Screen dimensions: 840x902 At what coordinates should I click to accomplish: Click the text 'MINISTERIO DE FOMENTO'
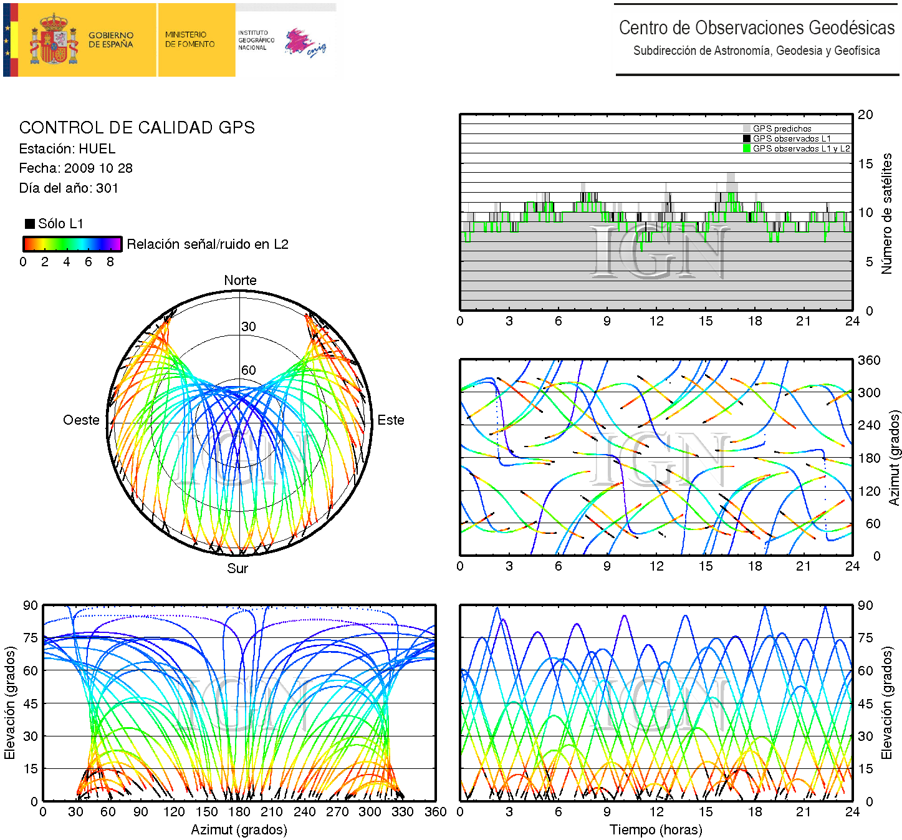click(x=190, y=39)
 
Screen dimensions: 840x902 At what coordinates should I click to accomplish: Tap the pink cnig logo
click(x=304, y=43)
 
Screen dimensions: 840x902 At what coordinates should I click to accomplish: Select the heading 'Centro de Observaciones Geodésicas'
click(x=756, y=28)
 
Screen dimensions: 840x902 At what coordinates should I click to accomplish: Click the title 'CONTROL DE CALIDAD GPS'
click(x=137, y=128)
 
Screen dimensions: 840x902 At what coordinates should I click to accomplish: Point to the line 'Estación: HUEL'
click(x=67, y=149)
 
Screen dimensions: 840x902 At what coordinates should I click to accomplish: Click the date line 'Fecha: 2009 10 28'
click(x=75, y=168)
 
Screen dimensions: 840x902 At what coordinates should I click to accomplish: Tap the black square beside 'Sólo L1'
click(x=29, y=224)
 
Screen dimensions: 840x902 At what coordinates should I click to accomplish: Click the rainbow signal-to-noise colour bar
click(x=72, y=244)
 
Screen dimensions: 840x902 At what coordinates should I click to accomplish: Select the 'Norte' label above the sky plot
click(x=240, y=281)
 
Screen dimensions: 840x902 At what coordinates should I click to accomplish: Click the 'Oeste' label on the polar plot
click(x=81, y=420)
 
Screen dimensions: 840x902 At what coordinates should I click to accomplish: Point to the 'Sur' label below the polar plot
click(x=237, y=568)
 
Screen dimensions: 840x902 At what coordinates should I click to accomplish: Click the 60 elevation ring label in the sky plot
click(x=249, y=370)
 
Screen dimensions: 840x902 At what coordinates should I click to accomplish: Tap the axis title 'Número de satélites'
click(x=886, y=213)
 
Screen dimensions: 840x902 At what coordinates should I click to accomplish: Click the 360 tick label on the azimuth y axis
click(x=869, y=360)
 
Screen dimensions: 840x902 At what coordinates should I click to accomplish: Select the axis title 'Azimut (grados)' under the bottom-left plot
click(x=239, y=830)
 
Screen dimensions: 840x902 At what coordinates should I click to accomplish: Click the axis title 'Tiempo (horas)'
click(x=656, y=830)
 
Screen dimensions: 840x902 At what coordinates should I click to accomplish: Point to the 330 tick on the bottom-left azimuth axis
click(x=402, y=812)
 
